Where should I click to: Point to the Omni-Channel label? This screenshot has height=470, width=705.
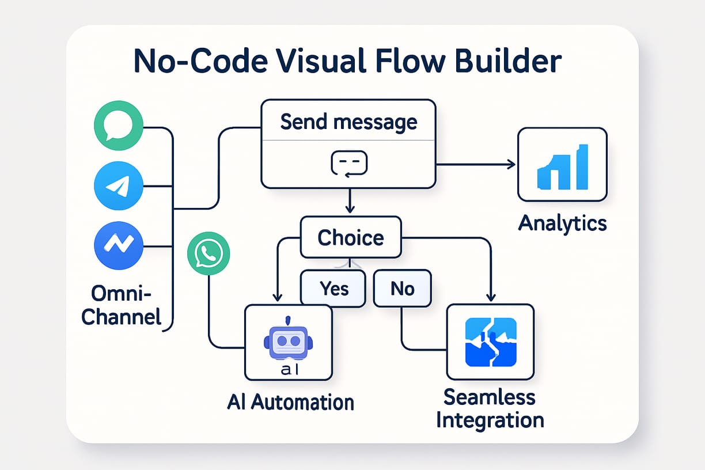pyautogui.click(x=121, y=305)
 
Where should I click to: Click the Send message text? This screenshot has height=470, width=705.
pyautogui.click(x=348, y=122)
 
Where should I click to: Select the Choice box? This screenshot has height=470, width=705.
pyautogui.click(x=351, y=237)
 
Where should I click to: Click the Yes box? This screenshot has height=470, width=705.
pyautogui.click(x=333, y=288)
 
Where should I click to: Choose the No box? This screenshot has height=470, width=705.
pyautogui.click(x=402, y=288)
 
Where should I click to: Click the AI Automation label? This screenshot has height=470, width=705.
pyautogui.click(x=290, y=401)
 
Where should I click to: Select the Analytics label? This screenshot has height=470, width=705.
pyautogui.click(x=562, y=223)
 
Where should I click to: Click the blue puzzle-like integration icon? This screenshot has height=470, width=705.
pyautogui.click(x=490, y=343)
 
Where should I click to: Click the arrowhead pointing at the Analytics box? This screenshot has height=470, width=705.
pyautogui.click(x=510, y=165)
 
